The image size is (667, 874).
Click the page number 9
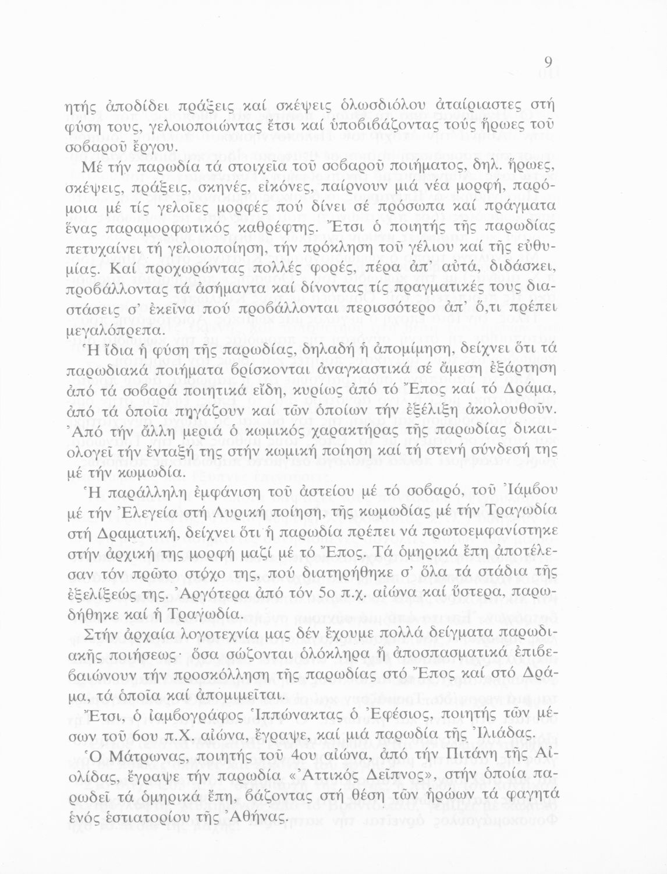pos(548,62)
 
